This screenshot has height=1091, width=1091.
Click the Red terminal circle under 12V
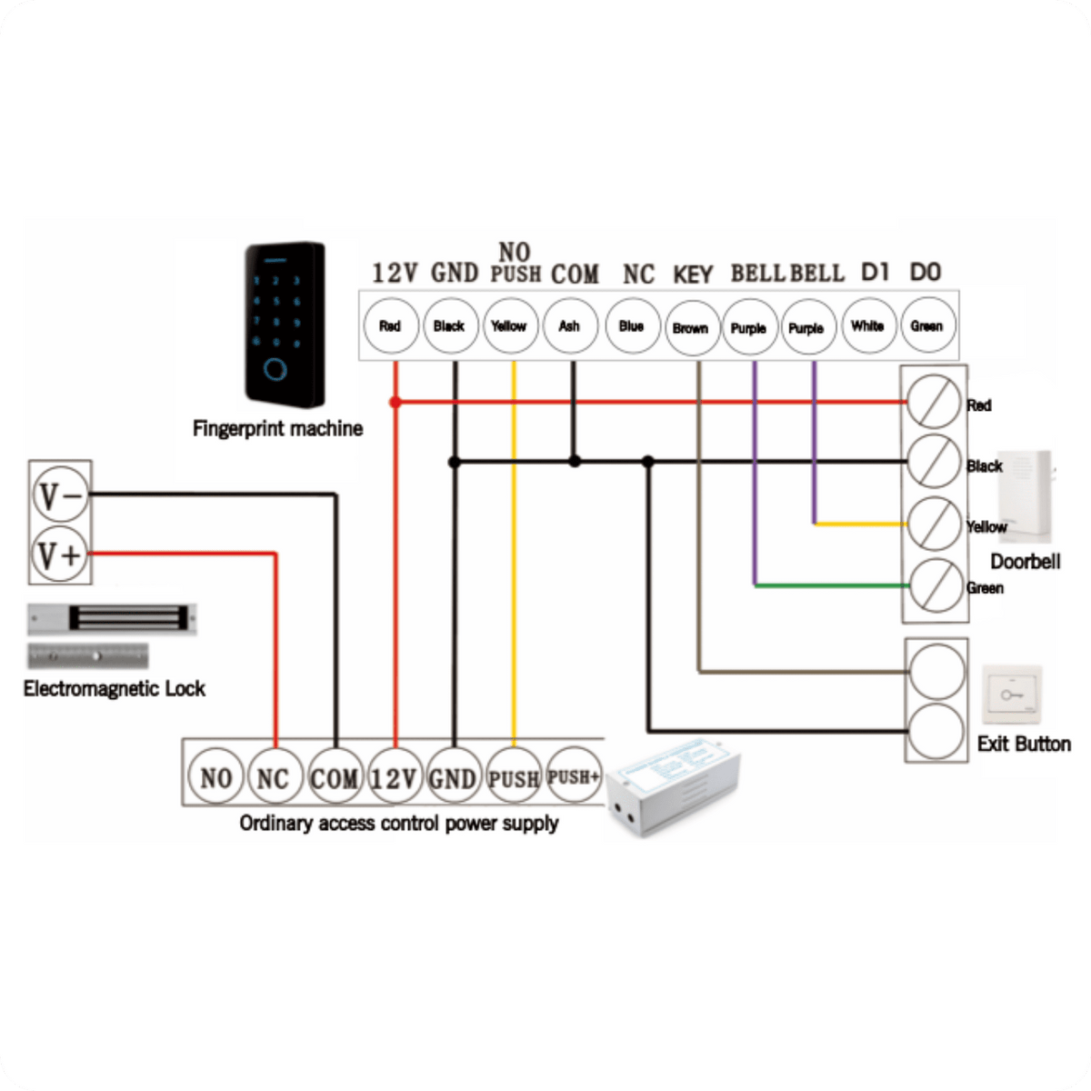click(x=391, y=326)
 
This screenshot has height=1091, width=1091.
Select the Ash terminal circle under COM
click(x=570, y=326)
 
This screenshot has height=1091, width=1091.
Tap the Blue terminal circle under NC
click(x=633, y=326)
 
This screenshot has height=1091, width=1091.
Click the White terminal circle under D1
click(x=869, y=326)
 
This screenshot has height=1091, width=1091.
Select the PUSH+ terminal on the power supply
click(x=573, y=776)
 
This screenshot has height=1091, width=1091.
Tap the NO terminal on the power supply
click(x=215, y=776)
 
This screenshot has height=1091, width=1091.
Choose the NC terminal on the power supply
click(x=275, y=776)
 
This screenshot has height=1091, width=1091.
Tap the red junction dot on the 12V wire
click(x=395, y=402)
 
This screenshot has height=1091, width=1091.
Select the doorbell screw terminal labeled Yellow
click(x=935, y=524)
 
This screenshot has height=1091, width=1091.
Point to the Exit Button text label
click(x=1024, y=744)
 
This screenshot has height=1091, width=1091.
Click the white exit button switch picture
click(x=1012, y=694)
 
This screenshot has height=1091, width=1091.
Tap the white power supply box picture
click(x=673, y=786)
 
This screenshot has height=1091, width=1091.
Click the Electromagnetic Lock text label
click(x=114, y=689)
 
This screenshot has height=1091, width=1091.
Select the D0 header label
click(x=926, y=273)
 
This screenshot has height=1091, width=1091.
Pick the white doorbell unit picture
click(x=1026, y=496)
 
